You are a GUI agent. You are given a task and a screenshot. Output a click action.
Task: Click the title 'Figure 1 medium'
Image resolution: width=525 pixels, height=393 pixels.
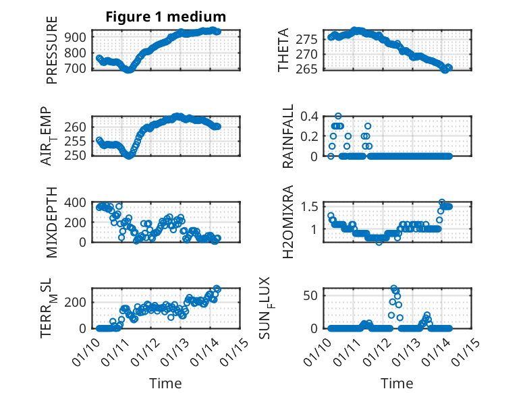coord(165,16)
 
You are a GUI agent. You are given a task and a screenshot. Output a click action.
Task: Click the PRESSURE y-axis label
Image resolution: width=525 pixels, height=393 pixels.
coord(52,53)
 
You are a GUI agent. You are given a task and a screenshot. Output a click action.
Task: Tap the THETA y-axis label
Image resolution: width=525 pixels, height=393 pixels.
coord(283,50)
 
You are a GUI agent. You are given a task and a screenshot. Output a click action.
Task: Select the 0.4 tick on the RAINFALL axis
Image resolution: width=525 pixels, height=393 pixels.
coord(310,116)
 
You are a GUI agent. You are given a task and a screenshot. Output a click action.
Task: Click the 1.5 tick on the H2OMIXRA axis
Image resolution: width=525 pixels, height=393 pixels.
coord(310,206)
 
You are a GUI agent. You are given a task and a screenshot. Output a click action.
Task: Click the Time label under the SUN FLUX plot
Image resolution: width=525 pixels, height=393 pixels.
coord(397,384)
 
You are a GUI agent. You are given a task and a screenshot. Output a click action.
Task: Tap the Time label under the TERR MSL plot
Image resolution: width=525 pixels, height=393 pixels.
coord(165,384)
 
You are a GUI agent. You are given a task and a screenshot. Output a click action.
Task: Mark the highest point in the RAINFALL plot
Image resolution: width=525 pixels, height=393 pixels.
coord(338,116)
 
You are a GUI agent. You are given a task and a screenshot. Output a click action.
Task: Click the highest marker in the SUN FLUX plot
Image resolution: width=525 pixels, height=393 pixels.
coord(394,289)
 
